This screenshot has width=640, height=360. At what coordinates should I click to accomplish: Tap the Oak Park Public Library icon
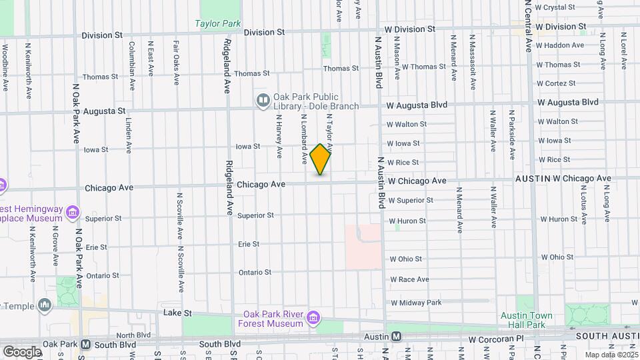[x=263, y=101]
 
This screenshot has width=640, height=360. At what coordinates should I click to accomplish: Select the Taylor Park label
[x=217, y=23]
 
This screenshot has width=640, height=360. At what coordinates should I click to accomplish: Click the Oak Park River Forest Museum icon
[x=313, y=319]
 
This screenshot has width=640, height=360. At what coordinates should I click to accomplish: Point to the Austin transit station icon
[x=396, y=338]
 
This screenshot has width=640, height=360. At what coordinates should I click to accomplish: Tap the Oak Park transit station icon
[x=86, y=345]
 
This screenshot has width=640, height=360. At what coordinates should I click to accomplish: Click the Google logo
[x=21, y=351]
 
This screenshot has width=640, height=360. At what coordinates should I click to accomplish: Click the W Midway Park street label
[x=416, y=303]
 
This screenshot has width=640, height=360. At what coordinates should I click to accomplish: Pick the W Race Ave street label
[x=409, y=279]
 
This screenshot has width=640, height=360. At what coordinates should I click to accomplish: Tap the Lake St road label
[x=178, y=312]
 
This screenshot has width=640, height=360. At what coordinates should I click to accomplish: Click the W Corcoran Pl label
[x=494, y=339]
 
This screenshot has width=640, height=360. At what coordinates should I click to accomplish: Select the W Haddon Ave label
[x=559, y=45]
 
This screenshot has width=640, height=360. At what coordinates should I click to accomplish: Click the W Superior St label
[x=411, y=200]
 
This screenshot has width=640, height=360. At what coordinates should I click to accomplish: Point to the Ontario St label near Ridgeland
[x=255, y=272]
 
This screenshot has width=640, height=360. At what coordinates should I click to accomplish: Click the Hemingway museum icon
[x=73, y=213]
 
